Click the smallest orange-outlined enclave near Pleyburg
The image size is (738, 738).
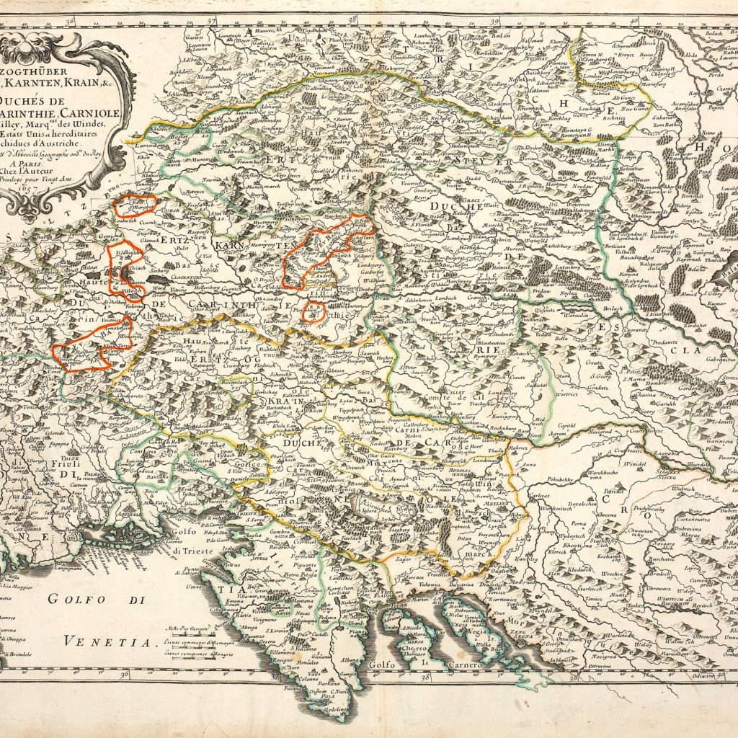pyautogui.click(x=312, y=311)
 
